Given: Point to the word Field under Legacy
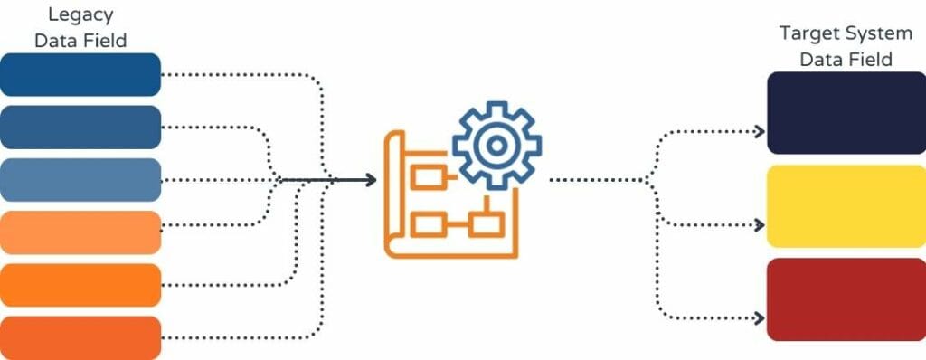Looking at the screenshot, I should [x=106, y=40].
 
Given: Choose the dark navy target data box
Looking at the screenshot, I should [x=834, y=113].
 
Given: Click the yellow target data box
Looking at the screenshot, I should [x=834, y=206].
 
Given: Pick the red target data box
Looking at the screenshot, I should [x=834, y=299].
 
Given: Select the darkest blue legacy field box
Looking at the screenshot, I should [x=80, y=74].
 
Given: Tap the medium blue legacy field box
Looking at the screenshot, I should [x=80, y=127].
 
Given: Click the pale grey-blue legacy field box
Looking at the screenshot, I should [x=80, y=179].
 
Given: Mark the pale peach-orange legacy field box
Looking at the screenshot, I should [x=80, y=232].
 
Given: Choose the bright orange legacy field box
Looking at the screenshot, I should [x=80, y=285].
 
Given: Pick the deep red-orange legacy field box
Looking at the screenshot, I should [x=80, y=337].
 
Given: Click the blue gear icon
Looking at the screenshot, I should [x=496, y=146].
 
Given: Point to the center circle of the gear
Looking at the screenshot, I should [x=496, y=146].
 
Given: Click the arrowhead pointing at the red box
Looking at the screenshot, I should [x=760, y=317].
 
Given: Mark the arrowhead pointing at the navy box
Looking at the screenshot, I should [x=760, y=131].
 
